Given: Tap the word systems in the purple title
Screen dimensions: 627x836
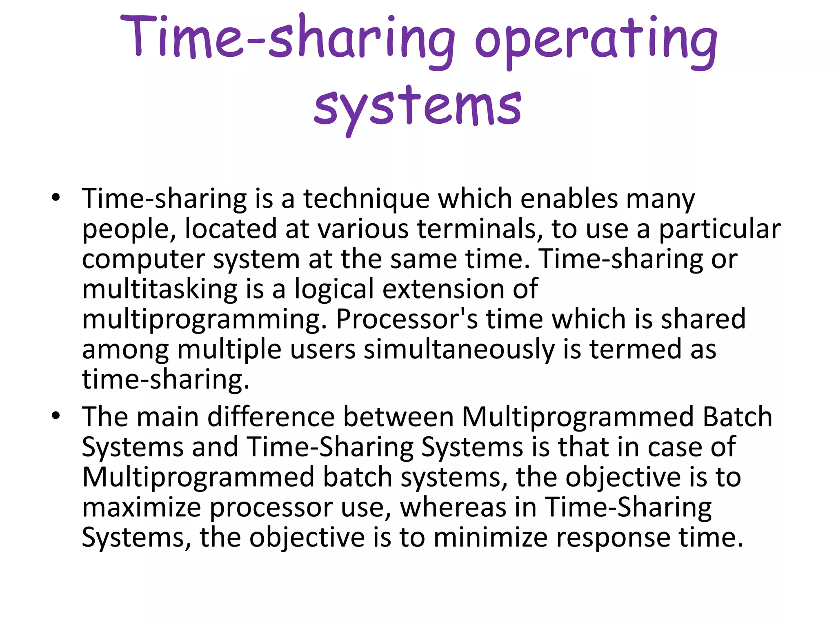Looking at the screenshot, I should pyautogui.click(x=417, y=107).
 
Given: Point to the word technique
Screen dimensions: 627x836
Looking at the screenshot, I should pyautogui.click(x=366, y=199).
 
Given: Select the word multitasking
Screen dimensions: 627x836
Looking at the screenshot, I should pyautogui.click(x=160, y=289).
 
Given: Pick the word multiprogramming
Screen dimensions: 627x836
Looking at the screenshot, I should pyautogui.click(x=204, y=320).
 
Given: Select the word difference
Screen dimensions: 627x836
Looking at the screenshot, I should pyautogui.click(x=271, y=417).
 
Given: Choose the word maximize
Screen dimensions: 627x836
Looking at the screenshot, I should pyautogui.click(x=142, y=507).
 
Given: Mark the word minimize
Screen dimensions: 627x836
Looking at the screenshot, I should pyautogui.click(x=490, y=538).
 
